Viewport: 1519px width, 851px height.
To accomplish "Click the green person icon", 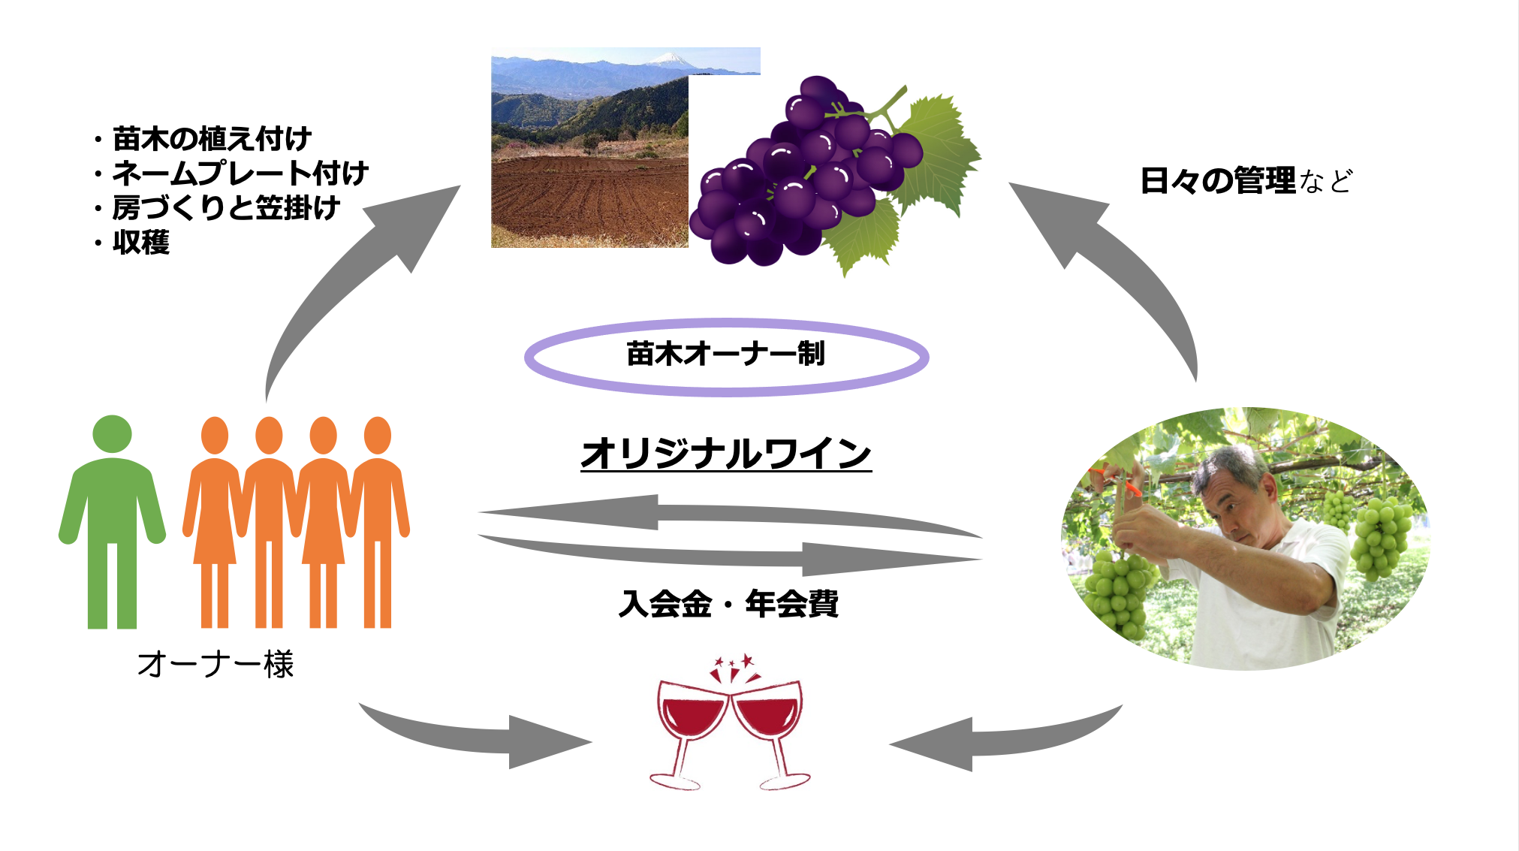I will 112,518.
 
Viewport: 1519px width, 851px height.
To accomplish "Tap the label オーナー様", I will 215,664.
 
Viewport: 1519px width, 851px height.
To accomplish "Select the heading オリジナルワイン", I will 725,454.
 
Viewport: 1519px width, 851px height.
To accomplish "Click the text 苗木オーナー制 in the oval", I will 725,354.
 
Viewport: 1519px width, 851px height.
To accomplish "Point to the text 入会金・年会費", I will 728,604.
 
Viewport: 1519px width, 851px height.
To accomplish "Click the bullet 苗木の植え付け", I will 212,139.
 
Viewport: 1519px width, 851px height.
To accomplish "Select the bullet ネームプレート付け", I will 240,174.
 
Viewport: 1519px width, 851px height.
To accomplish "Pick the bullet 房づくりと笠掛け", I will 226,208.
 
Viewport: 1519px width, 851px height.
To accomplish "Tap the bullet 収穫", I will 141,243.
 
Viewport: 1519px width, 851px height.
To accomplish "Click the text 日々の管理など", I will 1246,181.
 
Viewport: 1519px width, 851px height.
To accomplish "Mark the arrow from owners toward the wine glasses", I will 481,740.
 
